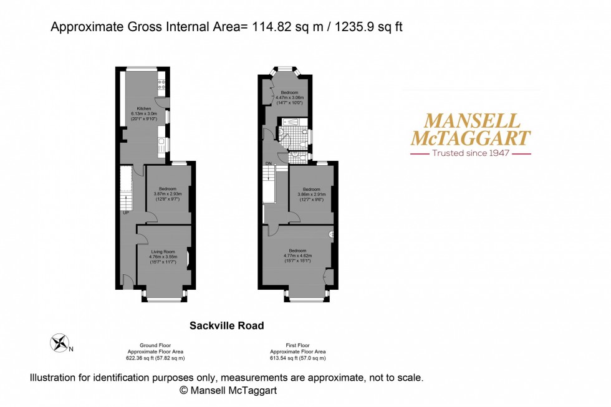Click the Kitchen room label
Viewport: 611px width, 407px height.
[144, 108]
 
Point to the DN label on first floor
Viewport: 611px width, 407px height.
[269, 164]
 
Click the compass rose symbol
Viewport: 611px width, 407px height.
[60, 342]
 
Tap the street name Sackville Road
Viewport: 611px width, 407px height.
[226, 325]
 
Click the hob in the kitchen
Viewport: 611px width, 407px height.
[162, 80]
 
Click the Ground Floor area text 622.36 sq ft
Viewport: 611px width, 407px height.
[155, 358]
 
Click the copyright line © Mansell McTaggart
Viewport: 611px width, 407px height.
[228, 391]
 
